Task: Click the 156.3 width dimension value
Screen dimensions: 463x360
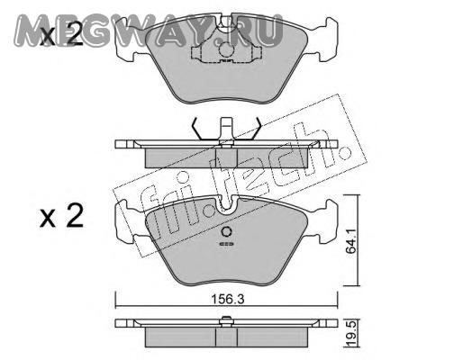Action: (227, 299)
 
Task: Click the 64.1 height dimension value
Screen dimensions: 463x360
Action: (350, 241)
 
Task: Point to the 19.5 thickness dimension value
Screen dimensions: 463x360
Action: (351, 333)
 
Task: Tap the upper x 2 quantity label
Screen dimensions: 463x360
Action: (61, 35)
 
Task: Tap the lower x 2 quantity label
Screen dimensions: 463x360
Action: (61, 215)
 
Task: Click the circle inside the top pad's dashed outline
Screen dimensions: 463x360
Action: (226, 49)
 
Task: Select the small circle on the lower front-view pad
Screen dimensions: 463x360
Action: (226, 232)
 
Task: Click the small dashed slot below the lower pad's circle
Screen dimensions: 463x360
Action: (226, 244)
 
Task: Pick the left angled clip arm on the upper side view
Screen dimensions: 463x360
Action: (197, 129)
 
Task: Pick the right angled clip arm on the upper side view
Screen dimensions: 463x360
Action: (256, 129)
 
